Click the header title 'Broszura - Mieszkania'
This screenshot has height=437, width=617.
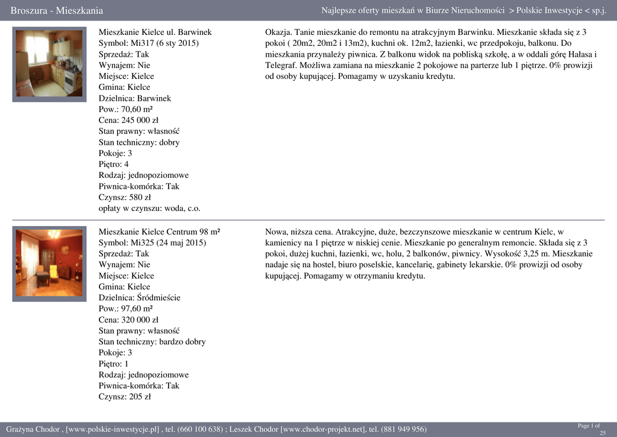point(57,11)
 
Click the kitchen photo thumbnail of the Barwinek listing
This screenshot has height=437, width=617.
point(49,64)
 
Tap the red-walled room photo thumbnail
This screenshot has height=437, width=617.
point(49,262)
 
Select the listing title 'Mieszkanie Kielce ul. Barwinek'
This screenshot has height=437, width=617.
point(155,32)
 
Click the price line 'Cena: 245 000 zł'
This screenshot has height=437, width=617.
point(128,120)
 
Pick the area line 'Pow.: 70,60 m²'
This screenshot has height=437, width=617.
point(125,109)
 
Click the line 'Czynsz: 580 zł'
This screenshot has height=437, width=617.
point(125,197)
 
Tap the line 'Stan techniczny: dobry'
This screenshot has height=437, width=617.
point(139,142)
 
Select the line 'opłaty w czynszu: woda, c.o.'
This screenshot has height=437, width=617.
point(149,208)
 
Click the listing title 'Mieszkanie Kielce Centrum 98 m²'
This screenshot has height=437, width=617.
point(159,231)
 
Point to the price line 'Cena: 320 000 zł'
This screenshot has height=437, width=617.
point(128,319)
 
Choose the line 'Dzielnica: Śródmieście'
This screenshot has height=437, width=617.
point(139,297)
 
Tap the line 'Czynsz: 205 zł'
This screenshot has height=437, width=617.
point(125,397)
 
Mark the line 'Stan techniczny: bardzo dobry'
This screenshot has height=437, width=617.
point(152,342)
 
